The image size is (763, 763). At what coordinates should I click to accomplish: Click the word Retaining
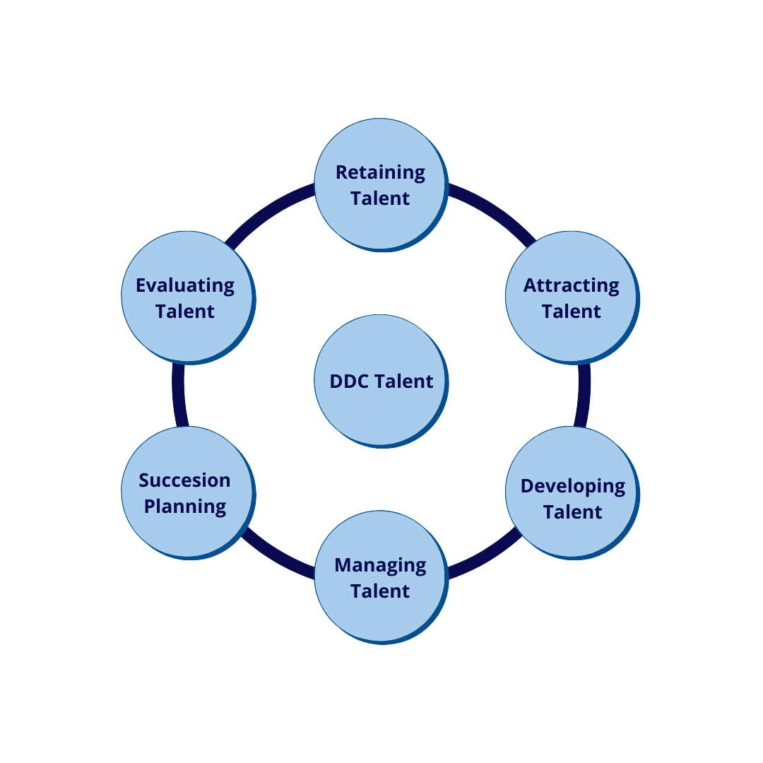pos(380,172)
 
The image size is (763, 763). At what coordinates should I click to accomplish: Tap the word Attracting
pos(571,285)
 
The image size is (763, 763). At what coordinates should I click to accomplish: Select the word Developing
pos(572,487)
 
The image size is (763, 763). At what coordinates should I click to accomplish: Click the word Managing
pos(380,565)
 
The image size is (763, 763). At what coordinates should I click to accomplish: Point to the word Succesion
pos(184,480)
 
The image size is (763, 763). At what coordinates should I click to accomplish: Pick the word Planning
pos(185,507)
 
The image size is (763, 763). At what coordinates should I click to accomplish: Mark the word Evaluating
pos(185,285)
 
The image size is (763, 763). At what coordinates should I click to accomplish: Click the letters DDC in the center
pos(350,381)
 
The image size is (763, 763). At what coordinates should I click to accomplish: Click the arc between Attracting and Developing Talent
pos(584,396)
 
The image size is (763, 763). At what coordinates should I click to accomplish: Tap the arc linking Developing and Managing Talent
pos(487,555)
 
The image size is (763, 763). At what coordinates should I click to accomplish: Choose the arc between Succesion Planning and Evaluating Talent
pos(179,396)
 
